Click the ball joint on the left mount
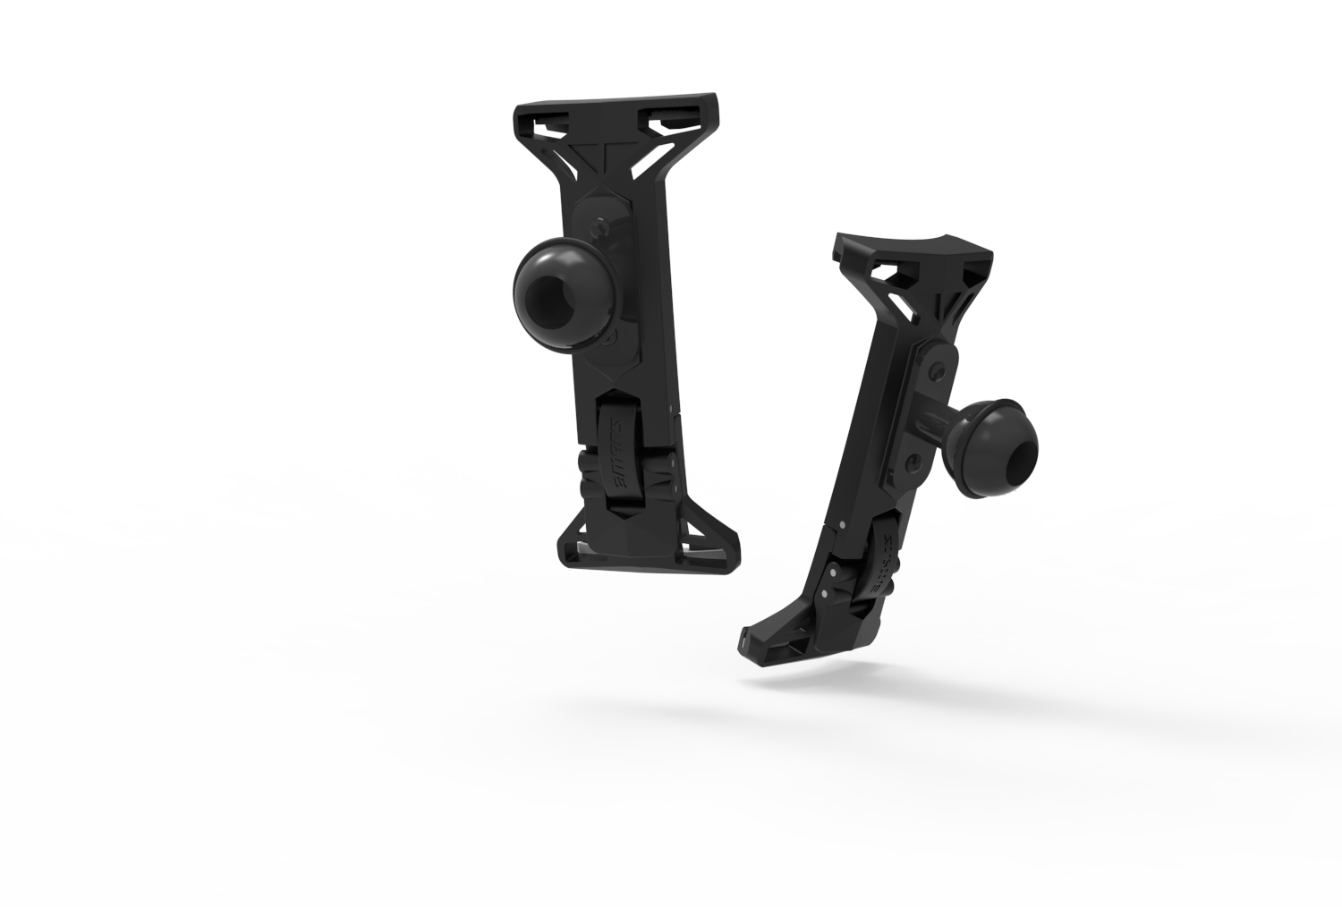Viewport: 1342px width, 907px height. point(560,292)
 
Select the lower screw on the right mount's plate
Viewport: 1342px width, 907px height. point(911,462)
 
